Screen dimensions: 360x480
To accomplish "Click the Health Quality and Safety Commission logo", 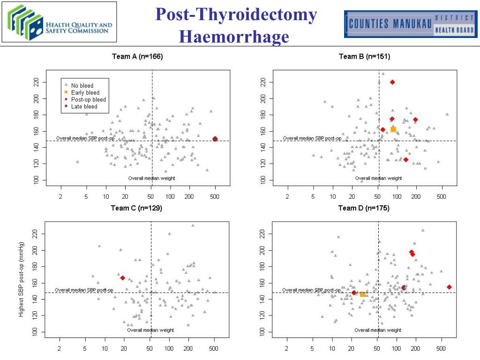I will click(x=60, y=22).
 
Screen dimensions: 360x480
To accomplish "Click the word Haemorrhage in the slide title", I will click(x=234, y=36).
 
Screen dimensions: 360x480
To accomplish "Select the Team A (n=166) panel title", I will click(x=137, y=57).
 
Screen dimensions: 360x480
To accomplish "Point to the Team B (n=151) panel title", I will click(x=364, y=57).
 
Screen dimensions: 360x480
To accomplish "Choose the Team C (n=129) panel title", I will click(x=136, y=208).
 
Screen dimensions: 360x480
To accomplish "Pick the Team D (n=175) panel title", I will click(x=364, y=208).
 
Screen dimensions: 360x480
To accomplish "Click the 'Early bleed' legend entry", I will click(x=85, y=93).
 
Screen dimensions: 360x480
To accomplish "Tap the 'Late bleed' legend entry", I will click(x=84, y=107).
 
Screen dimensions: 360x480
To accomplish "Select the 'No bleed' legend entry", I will click(x=82, y=86).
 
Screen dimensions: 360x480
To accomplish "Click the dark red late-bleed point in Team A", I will click(x=215, y=139).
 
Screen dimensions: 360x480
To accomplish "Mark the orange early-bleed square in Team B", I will click(x=393, y=129).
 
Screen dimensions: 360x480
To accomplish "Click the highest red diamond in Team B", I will click(x=392, y=82).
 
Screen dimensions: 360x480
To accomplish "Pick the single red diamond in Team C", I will click(x=123, y=278).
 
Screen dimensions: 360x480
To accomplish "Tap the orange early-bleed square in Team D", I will click(x=362, y=294).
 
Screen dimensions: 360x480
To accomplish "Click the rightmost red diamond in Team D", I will click(x=449, y=287).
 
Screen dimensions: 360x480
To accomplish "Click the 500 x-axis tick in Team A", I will click(x=215, y=197).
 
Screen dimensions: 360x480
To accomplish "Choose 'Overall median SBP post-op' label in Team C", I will click(x=84, y=290).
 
